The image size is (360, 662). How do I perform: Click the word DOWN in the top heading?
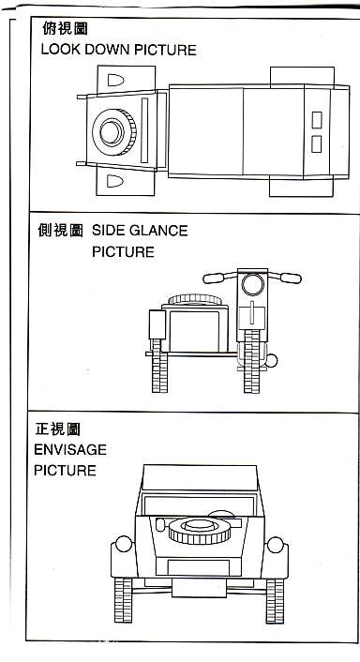tap(107, 50)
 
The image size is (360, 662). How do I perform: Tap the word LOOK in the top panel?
tap(61, 50)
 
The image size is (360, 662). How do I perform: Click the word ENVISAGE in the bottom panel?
tap(70, 450)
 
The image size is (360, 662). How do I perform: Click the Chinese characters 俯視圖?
tap(65, 29)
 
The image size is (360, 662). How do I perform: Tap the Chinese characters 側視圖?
tap(60, 231)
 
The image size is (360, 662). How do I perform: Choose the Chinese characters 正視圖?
tap(57, 429)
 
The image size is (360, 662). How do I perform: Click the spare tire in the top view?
tap(114, 132)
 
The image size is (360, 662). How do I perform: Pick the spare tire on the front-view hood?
tap(199, 531)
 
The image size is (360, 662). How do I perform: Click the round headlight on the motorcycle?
tap(252, 284)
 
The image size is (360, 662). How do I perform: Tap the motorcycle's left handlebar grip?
tap(214, 278)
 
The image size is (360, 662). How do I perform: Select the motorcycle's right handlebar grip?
tap(291, 278)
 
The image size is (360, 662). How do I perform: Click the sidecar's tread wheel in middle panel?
tap(159, 366)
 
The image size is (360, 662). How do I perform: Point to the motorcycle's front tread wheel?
tap(251, 361)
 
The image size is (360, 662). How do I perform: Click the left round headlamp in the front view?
tap(124, 544)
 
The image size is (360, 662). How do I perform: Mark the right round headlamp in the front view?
tap(276, 545)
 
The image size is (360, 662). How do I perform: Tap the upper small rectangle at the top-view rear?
tap(317, 120)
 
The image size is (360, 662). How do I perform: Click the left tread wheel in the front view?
tap(123, 600)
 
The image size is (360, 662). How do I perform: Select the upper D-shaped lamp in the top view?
tap(115, 81)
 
